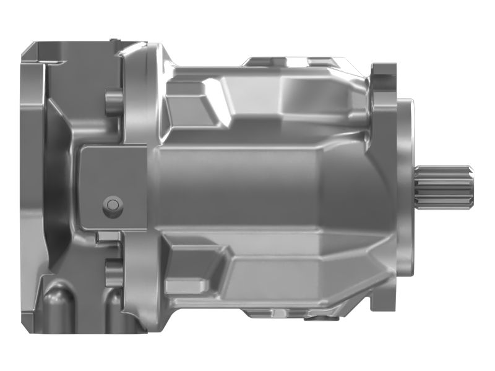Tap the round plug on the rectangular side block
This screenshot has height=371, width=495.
point(112,205)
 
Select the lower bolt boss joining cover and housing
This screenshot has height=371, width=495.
point(113,273)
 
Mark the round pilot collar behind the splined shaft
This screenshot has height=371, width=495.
point(405,185)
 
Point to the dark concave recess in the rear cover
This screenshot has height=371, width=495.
point(59,185)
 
